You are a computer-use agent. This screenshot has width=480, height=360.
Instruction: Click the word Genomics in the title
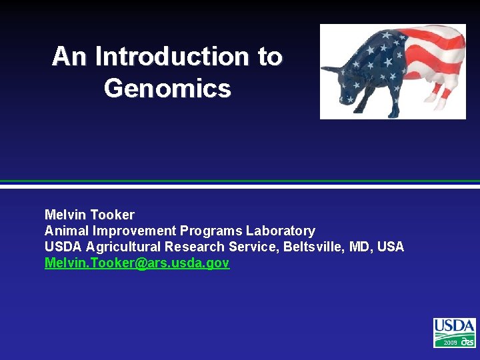coord(167,88)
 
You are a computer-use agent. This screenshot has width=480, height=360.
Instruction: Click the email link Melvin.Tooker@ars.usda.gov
coord(137,263)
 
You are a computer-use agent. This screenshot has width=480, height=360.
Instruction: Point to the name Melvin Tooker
coord(89,215)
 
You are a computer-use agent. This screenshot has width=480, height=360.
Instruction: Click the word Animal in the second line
coord(67,231)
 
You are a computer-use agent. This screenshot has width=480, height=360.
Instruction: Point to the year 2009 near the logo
coord(450,342)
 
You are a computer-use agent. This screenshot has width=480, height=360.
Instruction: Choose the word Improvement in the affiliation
coord(135,231)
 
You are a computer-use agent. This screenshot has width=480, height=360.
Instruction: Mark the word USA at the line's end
coord(391,247)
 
